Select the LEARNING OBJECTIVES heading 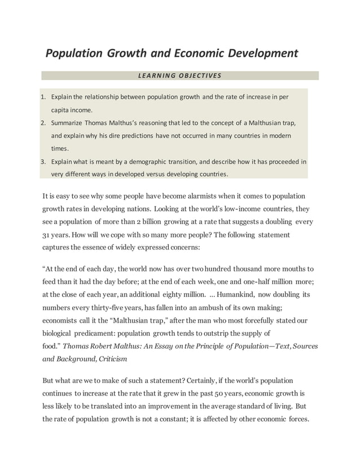point(180,76)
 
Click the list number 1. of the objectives point(43,96)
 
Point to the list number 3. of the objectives point(43,161)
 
